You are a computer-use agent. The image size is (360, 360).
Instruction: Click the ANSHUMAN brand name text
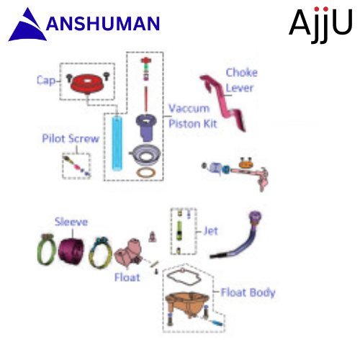point(103,23)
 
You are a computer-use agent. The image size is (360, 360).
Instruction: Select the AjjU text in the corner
point(320,24)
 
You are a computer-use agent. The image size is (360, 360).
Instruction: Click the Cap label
point(46,81)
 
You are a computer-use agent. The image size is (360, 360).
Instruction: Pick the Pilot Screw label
point(71,138)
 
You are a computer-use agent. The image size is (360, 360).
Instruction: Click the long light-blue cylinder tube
point(117,143)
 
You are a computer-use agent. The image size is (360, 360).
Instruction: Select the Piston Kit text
point(193,124)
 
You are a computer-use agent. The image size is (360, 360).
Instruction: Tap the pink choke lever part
point(223,103)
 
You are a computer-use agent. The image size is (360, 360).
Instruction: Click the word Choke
point(242,73)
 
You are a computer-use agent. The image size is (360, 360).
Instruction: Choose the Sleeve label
point(71,222)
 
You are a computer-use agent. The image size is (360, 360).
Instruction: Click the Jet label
point(211,231)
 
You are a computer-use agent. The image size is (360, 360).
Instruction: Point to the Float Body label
point(248,292)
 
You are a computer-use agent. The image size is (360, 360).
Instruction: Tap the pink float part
point(128,253)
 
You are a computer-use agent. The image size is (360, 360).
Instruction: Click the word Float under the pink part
point(127,277)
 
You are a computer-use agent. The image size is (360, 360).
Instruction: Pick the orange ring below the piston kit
point(146,173)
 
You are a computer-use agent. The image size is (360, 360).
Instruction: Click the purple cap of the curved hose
point(255,217)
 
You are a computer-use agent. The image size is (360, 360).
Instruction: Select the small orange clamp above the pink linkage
point(246,163)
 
